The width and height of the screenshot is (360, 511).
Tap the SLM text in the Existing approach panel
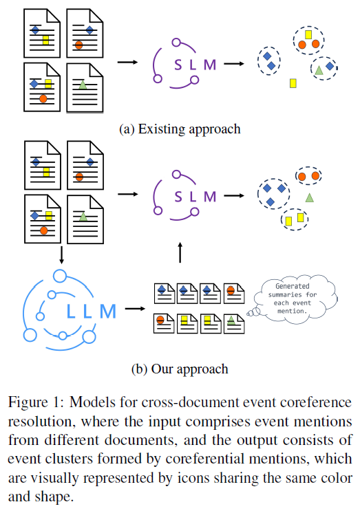195,65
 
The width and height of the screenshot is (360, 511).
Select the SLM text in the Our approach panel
195,197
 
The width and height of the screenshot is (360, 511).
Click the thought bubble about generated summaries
295,299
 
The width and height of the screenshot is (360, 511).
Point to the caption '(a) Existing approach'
180,129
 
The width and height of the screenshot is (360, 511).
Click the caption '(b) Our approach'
180,369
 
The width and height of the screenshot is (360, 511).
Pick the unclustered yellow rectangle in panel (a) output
293,83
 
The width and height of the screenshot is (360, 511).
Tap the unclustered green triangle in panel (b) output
310,197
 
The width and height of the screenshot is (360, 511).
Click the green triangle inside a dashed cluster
319,69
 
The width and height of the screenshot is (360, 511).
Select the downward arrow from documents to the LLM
61,255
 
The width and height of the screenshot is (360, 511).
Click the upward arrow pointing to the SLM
180,252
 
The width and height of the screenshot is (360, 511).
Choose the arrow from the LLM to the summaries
135,308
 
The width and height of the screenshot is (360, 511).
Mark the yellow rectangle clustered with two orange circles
308,34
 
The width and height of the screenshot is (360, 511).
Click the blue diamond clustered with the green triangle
330,66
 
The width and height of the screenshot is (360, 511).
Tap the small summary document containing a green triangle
234,323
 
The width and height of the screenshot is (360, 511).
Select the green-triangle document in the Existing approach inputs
85,88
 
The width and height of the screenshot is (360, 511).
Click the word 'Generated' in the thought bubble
293,286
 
